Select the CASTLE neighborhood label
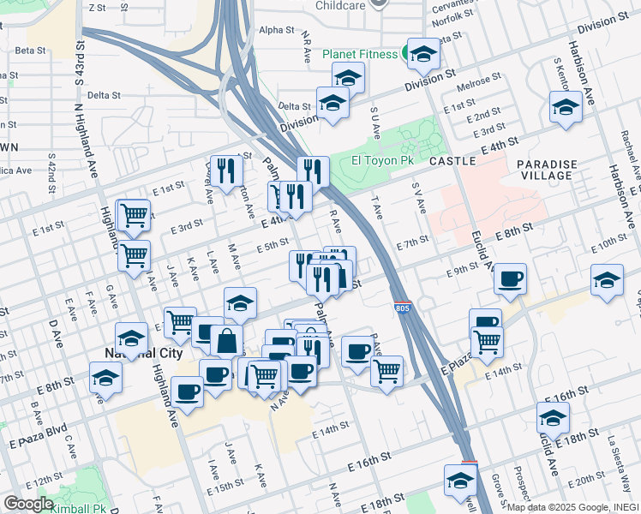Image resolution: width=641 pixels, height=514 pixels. pos(452,160)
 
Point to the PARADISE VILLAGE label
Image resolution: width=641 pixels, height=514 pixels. pos(546,169)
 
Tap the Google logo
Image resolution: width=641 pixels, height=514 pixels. pos(28,503)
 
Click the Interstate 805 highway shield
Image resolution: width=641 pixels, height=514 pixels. pos(402,307)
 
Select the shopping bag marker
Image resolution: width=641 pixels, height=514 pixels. pos(226,340)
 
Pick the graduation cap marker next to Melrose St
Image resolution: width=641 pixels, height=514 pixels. pos(566,106)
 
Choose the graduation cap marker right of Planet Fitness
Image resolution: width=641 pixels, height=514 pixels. pos(422,54)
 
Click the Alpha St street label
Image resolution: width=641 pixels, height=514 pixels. pos(276,30)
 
